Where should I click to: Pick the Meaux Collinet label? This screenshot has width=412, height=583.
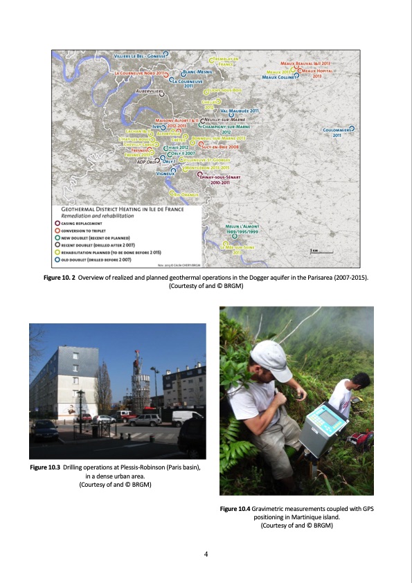click(278, 78)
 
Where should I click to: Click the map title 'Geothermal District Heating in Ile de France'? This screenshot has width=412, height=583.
click(113, 208)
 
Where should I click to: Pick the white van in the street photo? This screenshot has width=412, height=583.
click(186, 417)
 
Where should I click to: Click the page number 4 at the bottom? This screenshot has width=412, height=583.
click(206, 553)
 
